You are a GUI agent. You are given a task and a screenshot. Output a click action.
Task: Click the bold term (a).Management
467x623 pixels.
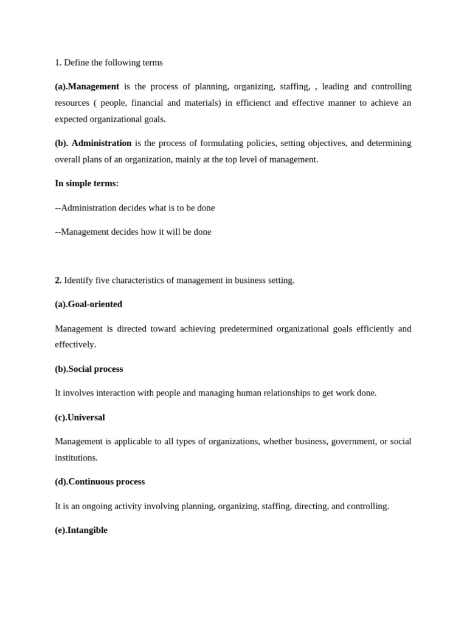click(87, 86)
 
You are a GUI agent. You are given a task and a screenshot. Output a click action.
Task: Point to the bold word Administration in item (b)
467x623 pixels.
click(102, 143)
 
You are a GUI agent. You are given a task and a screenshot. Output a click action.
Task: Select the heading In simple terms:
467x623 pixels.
click(87, 183)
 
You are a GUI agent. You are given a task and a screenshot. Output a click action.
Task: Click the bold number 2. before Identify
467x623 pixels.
click(58, 280)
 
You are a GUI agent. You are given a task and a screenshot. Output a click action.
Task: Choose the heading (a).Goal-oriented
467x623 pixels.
click(89, 304)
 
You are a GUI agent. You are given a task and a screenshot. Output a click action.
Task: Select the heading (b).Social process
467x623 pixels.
click(89, 369)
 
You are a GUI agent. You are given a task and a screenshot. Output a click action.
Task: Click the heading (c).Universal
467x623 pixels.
click(80, 417)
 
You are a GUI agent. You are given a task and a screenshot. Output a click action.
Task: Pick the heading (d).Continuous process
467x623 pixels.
click(100, 482)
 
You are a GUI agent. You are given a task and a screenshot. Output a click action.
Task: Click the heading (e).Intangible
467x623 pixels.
click(81, 530)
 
